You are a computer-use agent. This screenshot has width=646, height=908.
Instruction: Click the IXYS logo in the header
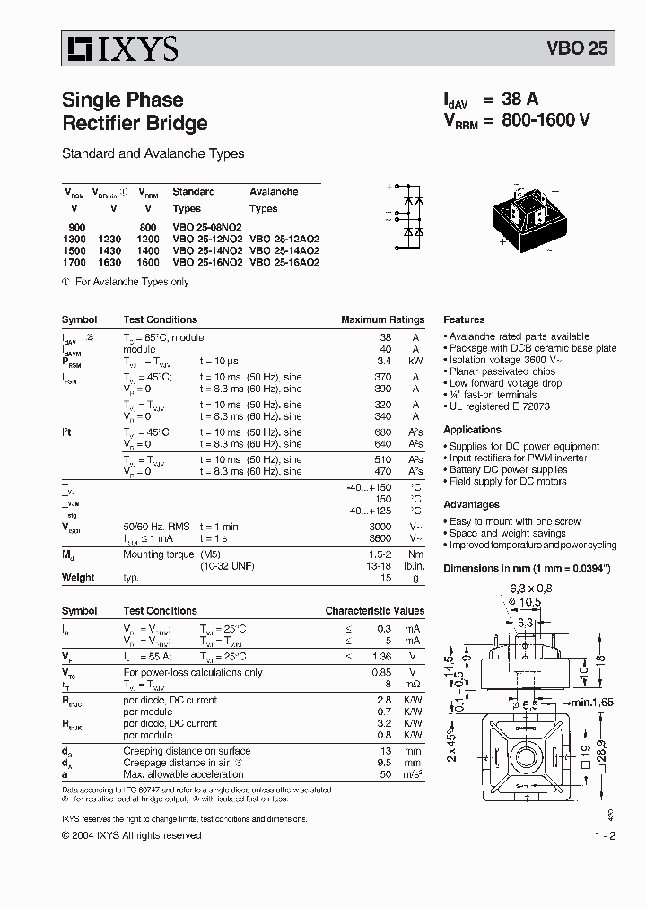click(120, 48)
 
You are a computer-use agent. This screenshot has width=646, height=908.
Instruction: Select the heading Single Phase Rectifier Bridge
click(135, 111)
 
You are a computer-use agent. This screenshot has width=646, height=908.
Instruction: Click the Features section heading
click(464, 319)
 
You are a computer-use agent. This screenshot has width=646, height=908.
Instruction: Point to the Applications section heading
click(472, 430)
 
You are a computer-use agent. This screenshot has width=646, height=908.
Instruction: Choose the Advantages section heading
click(471, 505)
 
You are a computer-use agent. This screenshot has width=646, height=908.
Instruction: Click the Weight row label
click(78, 578)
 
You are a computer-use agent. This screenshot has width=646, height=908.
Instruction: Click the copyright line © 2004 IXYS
click(131, 835)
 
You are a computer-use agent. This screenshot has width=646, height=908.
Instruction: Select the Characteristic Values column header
click(374, 611)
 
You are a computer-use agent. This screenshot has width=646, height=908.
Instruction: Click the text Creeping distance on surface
click(187, 751)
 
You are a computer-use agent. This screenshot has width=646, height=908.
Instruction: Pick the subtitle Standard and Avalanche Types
click(153, 153)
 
